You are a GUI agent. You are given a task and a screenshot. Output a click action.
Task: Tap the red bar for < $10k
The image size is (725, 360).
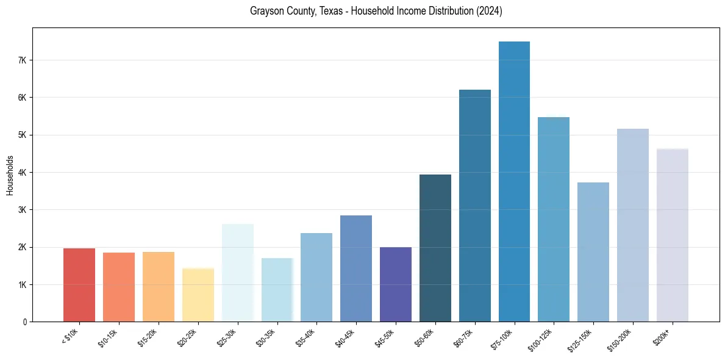pos(79,285)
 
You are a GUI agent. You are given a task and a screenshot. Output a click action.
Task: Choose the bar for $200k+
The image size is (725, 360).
pos(672,235)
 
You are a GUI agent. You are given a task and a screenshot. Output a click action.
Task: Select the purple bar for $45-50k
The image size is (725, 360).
pos(396,284)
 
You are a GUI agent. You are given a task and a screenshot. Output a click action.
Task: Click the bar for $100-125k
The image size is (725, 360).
pos(554,219)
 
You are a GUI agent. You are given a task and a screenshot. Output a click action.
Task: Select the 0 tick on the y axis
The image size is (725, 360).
pos(24,322)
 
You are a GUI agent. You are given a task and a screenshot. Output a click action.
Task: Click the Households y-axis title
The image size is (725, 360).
pos(10,175)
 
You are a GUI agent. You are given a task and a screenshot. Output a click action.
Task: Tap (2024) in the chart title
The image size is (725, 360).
pos(490,12)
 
